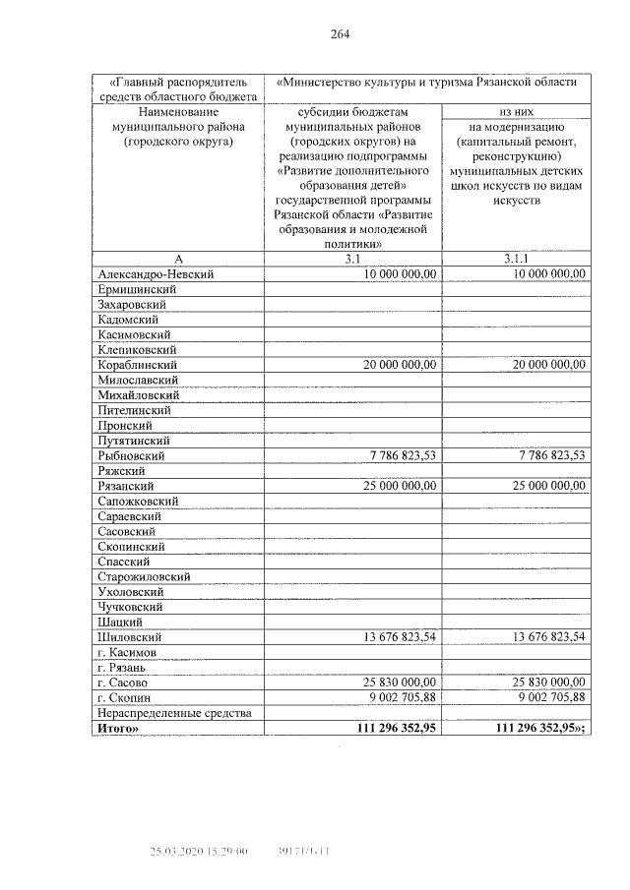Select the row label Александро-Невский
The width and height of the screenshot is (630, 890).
point(156,274)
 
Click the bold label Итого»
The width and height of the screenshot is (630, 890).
point(119,728)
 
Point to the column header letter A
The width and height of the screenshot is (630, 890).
point(178,258)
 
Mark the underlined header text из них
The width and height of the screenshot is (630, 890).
point(518,112)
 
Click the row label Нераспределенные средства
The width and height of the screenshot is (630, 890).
point(175,712)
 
